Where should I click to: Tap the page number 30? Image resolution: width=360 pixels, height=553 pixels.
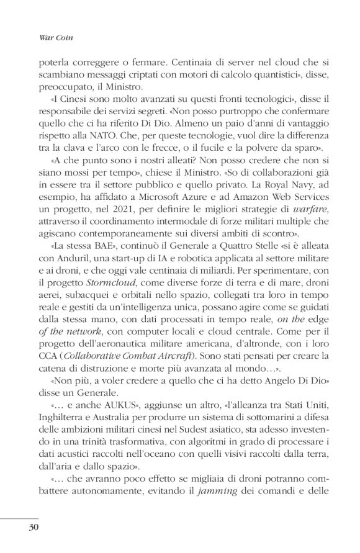32,529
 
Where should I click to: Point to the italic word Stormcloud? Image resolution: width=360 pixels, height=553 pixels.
106,290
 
